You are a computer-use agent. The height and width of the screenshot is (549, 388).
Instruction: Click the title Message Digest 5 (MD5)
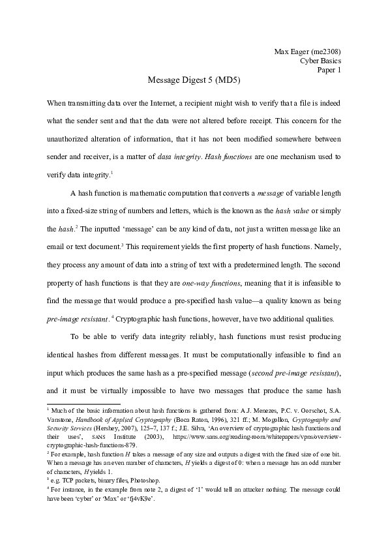(194, 81)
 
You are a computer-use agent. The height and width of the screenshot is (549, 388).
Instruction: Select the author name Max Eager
(287, 51)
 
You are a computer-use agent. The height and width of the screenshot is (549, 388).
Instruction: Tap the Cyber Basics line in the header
(320, 61)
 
